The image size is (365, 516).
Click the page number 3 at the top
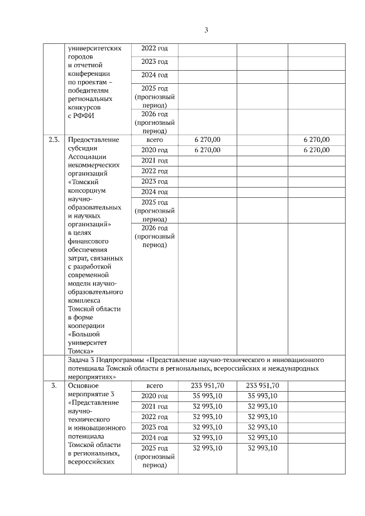tap(205, 30)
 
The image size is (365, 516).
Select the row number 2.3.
tap(54, 140)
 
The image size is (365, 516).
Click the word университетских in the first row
tap(94, 48)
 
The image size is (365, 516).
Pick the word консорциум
tap(87, 190)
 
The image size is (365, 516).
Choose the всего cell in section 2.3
tap(155, 140)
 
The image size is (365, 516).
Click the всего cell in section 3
tap(155, 386)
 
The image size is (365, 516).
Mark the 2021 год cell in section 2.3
tap(155, 161)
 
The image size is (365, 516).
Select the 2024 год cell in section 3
tap(155, 438)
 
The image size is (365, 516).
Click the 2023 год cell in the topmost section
tap(155, 62)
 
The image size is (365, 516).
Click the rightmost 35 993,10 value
tap(262, 396)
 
